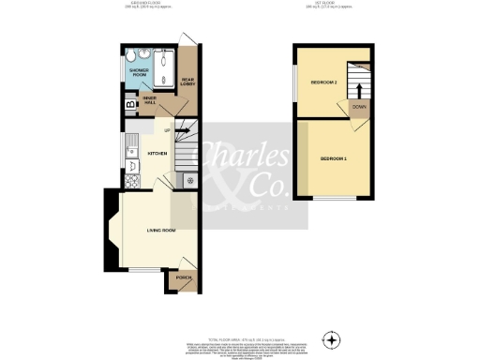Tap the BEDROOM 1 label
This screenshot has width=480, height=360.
point(333,159)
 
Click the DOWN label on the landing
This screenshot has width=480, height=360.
point(359,107)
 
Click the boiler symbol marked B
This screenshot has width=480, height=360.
point(129,103)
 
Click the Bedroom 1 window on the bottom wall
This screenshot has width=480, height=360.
point(333,199)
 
